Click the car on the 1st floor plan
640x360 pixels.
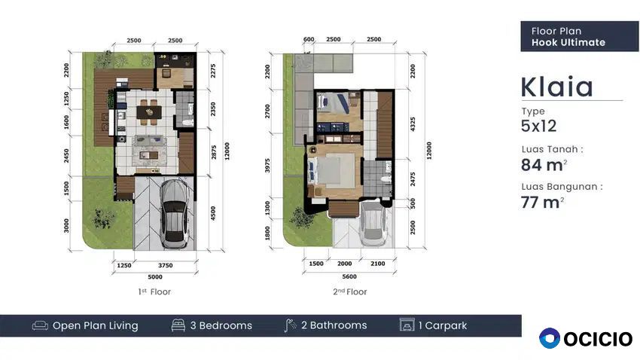click(174, 215)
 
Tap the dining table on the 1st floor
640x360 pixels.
click(149, 111)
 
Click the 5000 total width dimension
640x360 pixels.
click(155, 276)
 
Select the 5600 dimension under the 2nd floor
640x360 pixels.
click(349, 276)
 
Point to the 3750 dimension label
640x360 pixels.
click(166, 265)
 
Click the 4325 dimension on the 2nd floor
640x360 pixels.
click(413, 124)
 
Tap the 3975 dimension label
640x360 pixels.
click(267, 165)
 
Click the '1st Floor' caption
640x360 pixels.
click(154, 291)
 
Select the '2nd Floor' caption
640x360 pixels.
click(350, 291)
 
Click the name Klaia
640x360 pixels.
click(556, 87)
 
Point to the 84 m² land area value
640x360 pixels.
click(544, 165)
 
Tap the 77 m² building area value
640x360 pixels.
click(542, 202)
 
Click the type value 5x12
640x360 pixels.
click(539, 126)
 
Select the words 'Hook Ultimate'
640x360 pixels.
click(568, 42)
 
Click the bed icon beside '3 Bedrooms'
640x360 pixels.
click(178, 325)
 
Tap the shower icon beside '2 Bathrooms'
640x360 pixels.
click(290, 325)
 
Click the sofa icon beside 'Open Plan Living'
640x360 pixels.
click(40, 325)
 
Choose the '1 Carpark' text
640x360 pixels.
click(443, 325)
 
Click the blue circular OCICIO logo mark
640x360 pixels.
click(550, 338)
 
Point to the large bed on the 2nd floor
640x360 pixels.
click(331, 171)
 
